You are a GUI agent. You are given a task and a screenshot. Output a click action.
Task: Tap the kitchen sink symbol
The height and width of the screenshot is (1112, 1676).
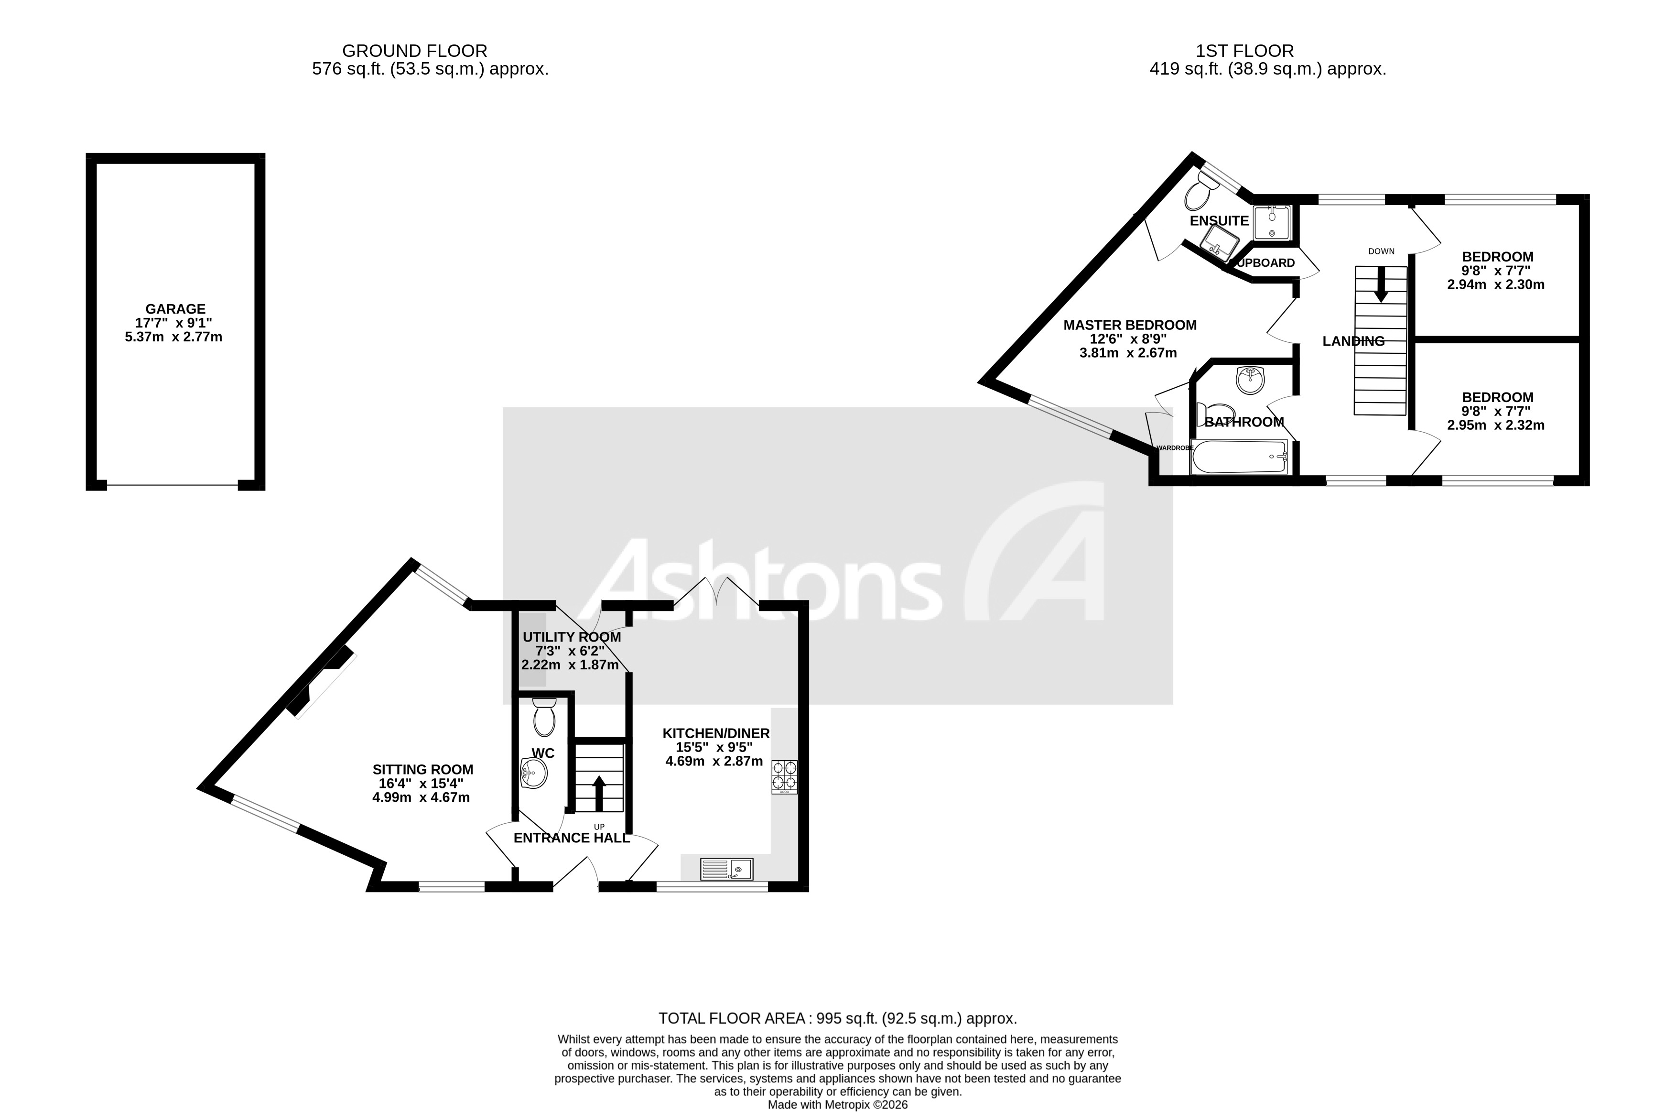[726, 869]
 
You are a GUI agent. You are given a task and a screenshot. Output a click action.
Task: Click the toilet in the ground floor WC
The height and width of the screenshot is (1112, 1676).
[544, 718]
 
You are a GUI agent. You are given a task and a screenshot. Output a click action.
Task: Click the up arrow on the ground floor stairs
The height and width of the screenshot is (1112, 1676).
[598, 793]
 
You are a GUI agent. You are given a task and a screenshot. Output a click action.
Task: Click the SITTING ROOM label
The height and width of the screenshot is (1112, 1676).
[422, 770]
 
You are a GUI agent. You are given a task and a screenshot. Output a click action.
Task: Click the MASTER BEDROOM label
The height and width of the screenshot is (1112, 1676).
[1129, 325]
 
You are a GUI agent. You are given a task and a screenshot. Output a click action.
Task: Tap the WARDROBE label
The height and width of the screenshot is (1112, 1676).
[1175, 448]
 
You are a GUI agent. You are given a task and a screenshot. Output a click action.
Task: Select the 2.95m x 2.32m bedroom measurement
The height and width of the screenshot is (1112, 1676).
[1495, 425]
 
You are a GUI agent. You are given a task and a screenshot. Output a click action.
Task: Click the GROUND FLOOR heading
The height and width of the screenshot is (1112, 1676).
[414, 51]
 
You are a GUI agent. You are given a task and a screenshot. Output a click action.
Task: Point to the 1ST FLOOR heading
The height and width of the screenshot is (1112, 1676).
[1244, 51]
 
